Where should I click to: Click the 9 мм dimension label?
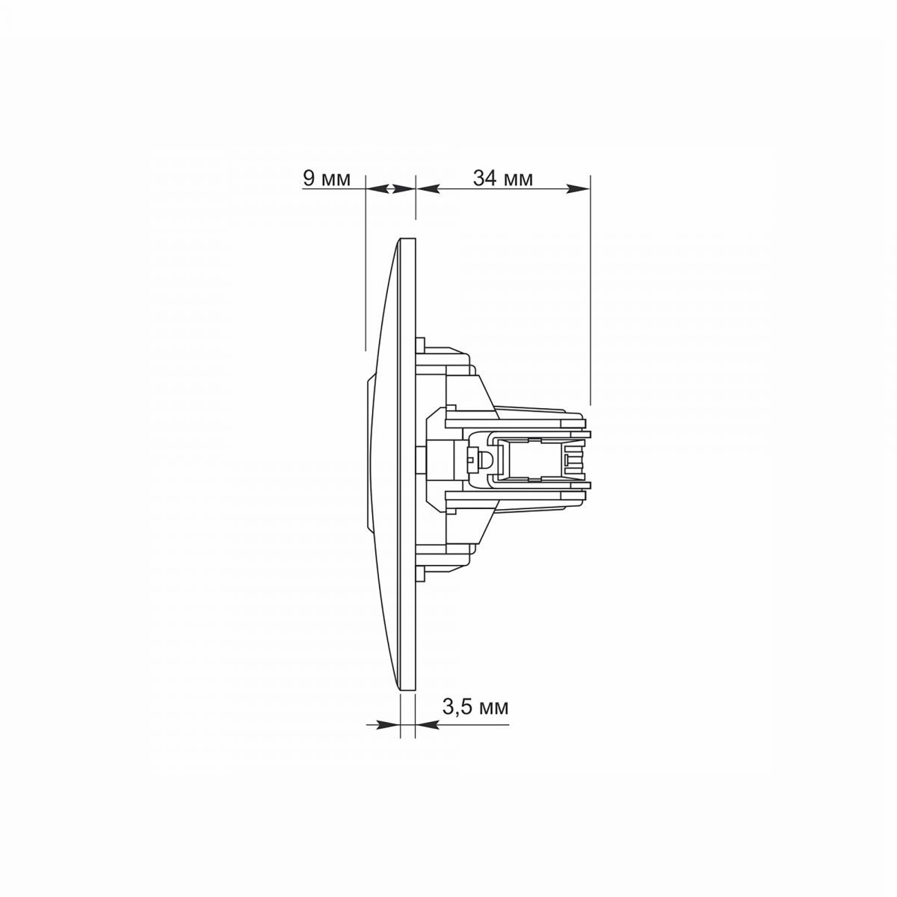pos(327,179)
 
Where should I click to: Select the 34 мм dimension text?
pos(503,179)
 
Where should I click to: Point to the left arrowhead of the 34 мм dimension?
pos(428,188)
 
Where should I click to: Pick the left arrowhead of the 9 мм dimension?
pos(377,188)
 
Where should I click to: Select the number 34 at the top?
pos(484,179)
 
